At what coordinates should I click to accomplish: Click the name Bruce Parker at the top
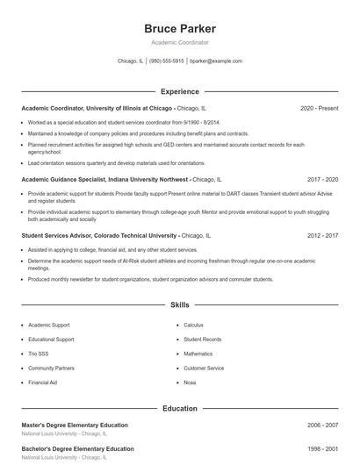[179, 29]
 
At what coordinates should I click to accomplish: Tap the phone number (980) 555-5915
[166, 61]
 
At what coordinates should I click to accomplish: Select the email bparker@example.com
[215, 61]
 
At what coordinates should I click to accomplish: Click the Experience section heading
[179, 91]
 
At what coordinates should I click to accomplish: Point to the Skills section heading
[179, 305]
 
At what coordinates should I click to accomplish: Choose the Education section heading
[179, 408]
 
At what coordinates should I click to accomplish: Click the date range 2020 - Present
[319, 108]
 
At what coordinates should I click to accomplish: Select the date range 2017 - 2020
[322, 178]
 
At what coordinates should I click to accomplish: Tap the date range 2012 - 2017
[322, 236]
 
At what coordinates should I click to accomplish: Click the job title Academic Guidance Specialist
[66, 178]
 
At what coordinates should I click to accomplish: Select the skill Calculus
[193, 325]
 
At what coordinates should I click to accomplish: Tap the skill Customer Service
[204, 368]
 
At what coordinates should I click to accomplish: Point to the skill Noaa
[191, 383]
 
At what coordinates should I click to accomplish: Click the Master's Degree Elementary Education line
[75, 426]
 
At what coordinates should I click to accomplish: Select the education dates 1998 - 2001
[322, 449]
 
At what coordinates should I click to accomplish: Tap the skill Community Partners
[51, 368]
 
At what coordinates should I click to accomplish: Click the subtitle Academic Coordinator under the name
[179, 43]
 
